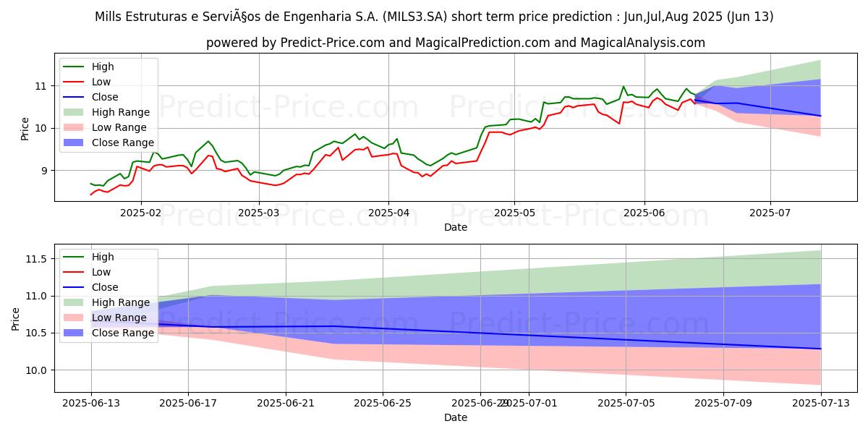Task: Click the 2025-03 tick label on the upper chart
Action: tap(259, 213)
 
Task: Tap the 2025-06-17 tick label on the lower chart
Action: tap(188, 403)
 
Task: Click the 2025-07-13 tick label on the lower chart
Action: tap(820, 403)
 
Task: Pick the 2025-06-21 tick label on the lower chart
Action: tap(286, 403)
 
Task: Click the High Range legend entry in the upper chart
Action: tap(121, 112)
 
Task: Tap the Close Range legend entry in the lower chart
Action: tap(122, 333)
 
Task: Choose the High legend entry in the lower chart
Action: tap(103, 257)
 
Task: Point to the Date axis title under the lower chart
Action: tap(456, 417)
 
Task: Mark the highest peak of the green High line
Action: tap(624, 86)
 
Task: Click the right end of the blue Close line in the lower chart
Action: tap(820, 349)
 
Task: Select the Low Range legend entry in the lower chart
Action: tap(120, 318)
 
